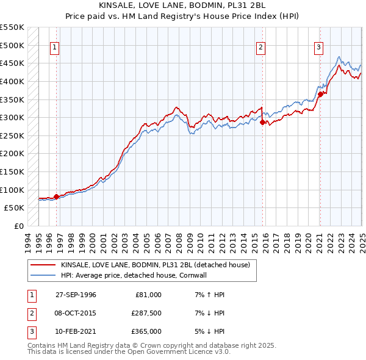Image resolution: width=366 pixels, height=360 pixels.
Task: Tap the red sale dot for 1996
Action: (56, 196)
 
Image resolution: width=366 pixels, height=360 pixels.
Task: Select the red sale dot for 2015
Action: (263, 122)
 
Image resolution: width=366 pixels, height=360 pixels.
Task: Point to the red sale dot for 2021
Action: (320, 94)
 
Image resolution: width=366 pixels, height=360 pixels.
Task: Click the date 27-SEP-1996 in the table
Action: (76, 295)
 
